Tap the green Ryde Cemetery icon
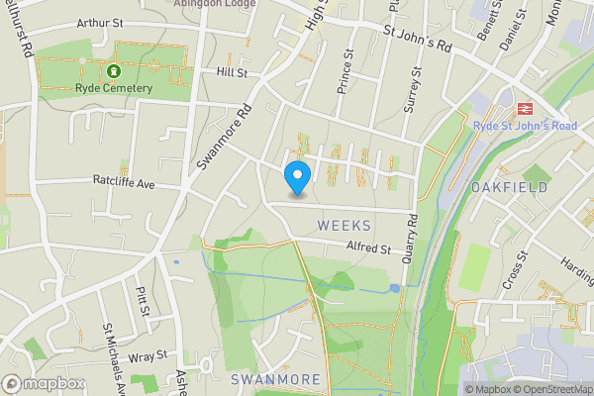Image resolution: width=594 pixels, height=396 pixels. point(114,71)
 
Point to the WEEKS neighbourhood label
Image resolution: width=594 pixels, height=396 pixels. point(345,226)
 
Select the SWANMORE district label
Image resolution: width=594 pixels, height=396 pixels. point(275,379)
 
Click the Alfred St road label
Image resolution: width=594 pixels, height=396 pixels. point(368,247)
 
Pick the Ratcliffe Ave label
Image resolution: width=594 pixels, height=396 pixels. point(125,183)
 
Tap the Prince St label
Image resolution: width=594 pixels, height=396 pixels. point(346,72)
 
